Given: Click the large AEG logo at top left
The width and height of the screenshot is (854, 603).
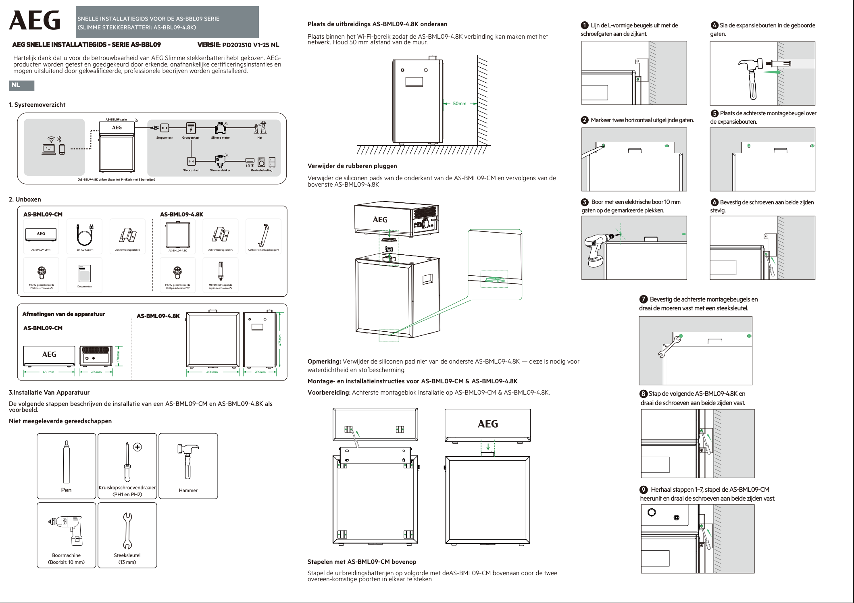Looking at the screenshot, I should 35,21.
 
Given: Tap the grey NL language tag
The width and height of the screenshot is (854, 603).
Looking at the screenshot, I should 21,85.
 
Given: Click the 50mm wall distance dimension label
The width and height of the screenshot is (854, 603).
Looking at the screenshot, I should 459,104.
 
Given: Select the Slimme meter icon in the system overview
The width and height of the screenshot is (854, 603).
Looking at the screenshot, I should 220,128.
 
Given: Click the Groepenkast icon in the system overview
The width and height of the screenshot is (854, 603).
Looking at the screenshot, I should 191,128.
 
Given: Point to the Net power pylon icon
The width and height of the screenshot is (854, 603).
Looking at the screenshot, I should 260,127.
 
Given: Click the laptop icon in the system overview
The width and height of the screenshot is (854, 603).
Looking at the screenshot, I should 49,149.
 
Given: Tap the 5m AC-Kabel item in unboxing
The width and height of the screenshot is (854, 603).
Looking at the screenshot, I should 85,235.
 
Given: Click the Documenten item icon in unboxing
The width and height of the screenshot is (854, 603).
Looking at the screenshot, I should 85,273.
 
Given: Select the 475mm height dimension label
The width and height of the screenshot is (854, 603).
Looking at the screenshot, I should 280,340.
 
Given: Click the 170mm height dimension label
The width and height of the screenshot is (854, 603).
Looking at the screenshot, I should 118,356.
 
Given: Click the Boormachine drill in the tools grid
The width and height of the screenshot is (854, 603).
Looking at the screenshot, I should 67,529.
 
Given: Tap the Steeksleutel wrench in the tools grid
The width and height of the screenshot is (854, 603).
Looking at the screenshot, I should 127,530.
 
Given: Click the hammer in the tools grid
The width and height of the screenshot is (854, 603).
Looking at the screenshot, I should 188,460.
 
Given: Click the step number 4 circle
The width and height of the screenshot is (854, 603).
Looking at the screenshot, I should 714,25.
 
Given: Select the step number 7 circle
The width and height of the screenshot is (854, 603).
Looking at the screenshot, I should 644,299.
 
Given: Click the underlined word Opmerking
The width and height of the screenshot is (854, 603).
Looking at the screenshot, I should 324,362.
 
